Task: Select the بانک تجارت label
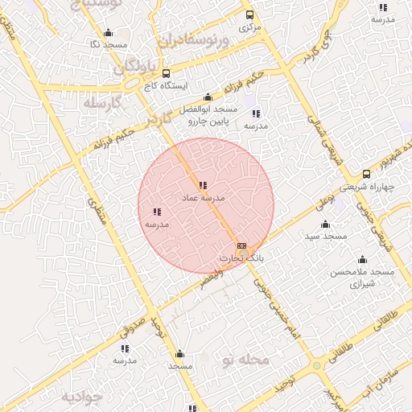[x=241, y=258]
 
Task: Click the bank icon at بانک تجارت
[x=241, y=246]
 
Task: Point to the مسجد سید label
[x=325, y=237]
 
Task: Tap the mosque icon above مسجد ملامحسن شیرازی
[x=362, y=260]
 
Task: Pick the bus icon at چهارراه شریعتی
[x=366, y=174]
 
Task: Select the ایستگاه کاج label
[x=164, y=84]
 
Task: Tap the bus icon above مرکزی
[x=249, y=14]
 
